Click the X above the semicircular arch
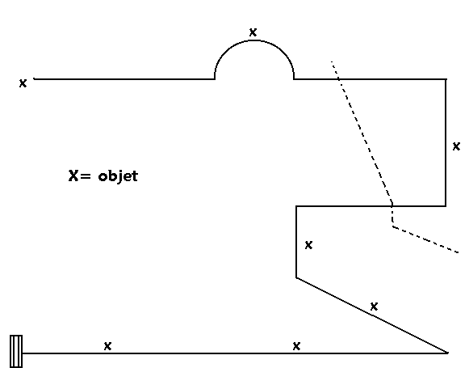coord(253,32)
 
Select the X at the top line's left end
coord(23,83)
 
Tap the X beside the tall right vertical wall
coord(456,146)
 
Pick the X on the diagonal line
coord(374,307)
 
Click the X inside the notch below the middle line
coord(308,245)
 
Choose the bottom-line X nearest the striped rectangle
coord(107,346)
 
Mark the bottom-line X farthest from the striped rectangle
coord(296,346)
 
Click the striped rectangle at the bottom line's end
coord(16,352)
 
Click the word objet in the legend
coord(118,176)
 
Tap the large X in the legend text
coord(73,176)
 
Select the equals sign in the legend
coord(85,176)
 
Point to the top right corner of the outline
coord(446,79)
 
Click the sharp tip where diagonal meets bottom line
coord(447,353)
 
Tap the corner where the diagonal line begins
coord(296,277)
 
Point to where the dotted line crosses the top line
coord(339,79)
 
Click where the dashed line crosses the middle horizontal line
coord(392,206)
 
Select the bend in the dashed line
coord(393,226)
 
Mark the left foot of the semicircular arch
coord(215,79)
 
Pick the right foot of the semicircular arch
coord(294,79)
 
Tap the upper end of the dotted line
coord(332,61)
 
